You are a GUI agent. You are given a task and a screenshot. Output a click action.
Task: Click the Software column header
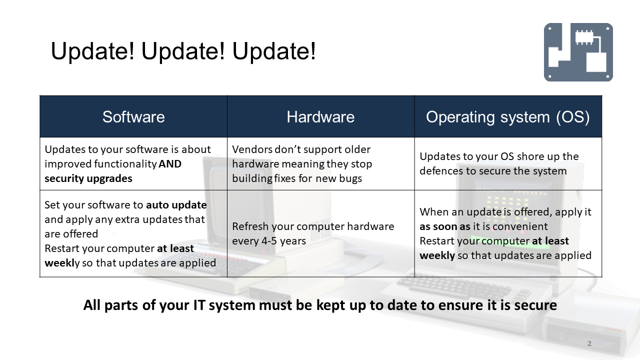(133, 117)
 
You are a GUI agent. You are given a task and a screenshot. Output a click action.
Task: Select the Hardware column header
(320, 117)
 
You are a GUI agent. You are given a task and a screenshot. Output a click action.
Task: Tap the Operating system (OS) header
(507, 117)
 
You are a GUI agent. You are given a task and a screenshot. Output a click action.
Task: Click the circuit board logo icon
(578, 52)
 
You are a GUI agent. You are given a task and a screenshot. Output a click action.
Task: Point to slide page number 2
(589, 343)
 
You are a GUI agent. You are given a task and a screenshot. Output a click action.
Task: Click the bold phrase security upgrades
(88, 178)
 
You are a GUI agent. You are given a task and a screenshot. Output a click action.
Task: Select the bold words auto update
(176, 205)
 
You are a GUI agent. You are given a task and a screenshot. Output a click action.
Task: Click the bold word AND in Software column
(170, 164)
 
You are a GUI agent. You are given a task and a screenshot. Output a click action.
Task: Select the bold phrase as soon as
(444, 226)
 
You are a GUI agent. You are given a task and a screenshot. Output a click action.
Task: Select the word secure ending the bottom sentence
(535, 305)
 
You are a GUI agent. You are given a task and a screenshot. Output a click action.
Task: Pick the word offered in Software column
(80, 234)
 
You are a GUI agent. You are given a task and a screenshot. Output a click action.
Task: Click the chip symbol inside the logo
(583, 37)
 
